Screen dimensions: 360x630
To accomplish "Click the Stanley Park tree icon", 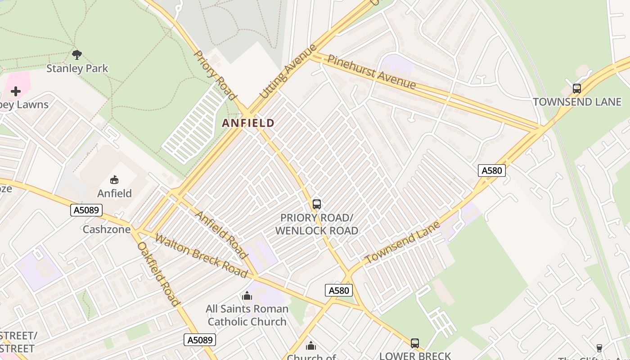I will tap(77, 55).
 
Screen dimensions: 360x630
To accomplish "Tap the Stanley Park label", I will tap(77, 68).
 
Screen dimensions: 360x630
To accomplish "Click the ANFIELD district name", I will tap(248, 123).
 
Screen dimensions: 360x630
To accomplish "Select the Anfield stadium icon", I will tap(114, 180).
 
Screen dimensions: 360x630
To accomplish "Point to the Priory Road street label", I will tap(215, 75).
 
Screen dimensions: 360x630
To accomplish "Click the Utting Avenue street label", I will tap(286, 72).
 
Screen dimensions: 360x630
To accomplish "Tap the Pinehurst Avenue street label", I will tap(372, 72).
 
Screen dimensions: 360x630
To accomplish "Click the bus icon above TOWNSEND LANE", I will tap(577, 89).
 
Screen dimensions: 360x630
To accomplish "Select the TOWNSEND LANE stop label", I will tap(577, 102).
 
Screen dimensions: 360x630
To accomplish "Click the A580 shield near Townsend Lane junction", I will tap(491, 171).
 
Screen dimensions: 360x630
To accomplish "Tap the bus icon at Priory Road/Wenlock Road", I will tap(317, 204).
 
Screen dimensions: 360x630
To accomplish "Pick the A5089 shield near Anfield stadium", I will tap(86, 210).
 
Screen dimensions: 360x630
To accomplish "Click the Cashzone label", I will tap(107, 229).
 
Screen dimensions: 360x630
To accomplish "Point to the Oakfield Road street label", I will tap(158, 274).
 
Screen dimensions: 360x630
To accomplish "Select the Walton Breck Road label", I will tap(201, 255).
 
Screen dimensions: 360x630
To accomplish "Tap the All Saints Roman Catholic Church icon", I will tap(247, 296).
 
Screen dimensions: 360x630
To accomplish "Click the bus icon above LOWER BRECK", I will tap(415, 343).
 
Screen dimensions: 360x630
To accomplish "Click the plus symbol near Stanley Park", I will tap(16, 92).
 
